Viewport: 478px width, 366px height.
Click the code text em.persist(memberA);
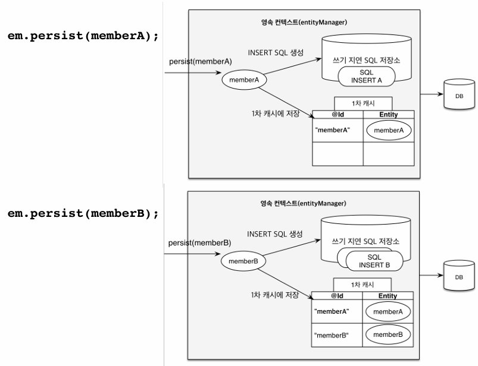pyautogui.click(x=83, y=34)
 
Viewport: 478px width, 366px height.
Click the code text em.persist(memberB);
pyautogui.click(x=83, y=213)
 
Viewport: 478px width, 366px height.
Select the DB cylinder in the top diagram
pyautogui.click(x=455, y=95)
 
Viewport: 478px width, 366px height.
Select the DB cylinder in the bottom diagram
pyautogui.click(x=455, y=277)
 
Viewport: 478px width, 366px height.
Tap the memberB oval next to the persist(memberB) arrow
pyautogui.click(x=243, y=260)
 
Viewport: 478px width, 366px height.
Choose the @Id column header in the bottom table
pyautogui.click(x=338, y=295)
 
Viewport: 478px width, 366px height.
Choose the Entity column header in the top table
pyautogui.click(x=388, y=114)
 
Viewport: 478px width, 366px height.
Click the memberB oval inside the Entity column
pyautogui.click(x=388, y=335)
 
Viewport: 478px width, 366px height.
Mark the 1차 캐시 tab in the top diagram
pyautogui.click(x=363, y=103)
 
